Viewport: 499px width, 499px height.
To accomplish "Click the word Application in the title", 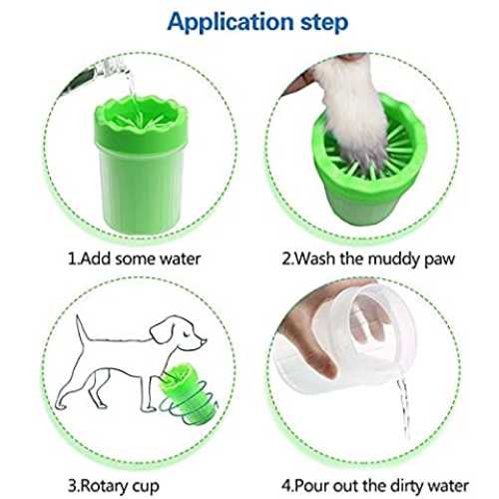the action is pyautogui.click(x=231, y=22).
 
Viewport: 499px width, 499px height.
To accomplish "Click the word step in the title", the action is pyautogui.click(x=324, y=22).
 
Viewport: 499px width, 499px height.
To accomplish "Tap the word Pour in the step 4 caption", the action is pyautogui.click(x=312, y=486).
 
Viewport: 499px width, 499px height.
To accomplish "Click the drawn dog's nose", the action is pyautogui.click(x=204, y=341).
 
